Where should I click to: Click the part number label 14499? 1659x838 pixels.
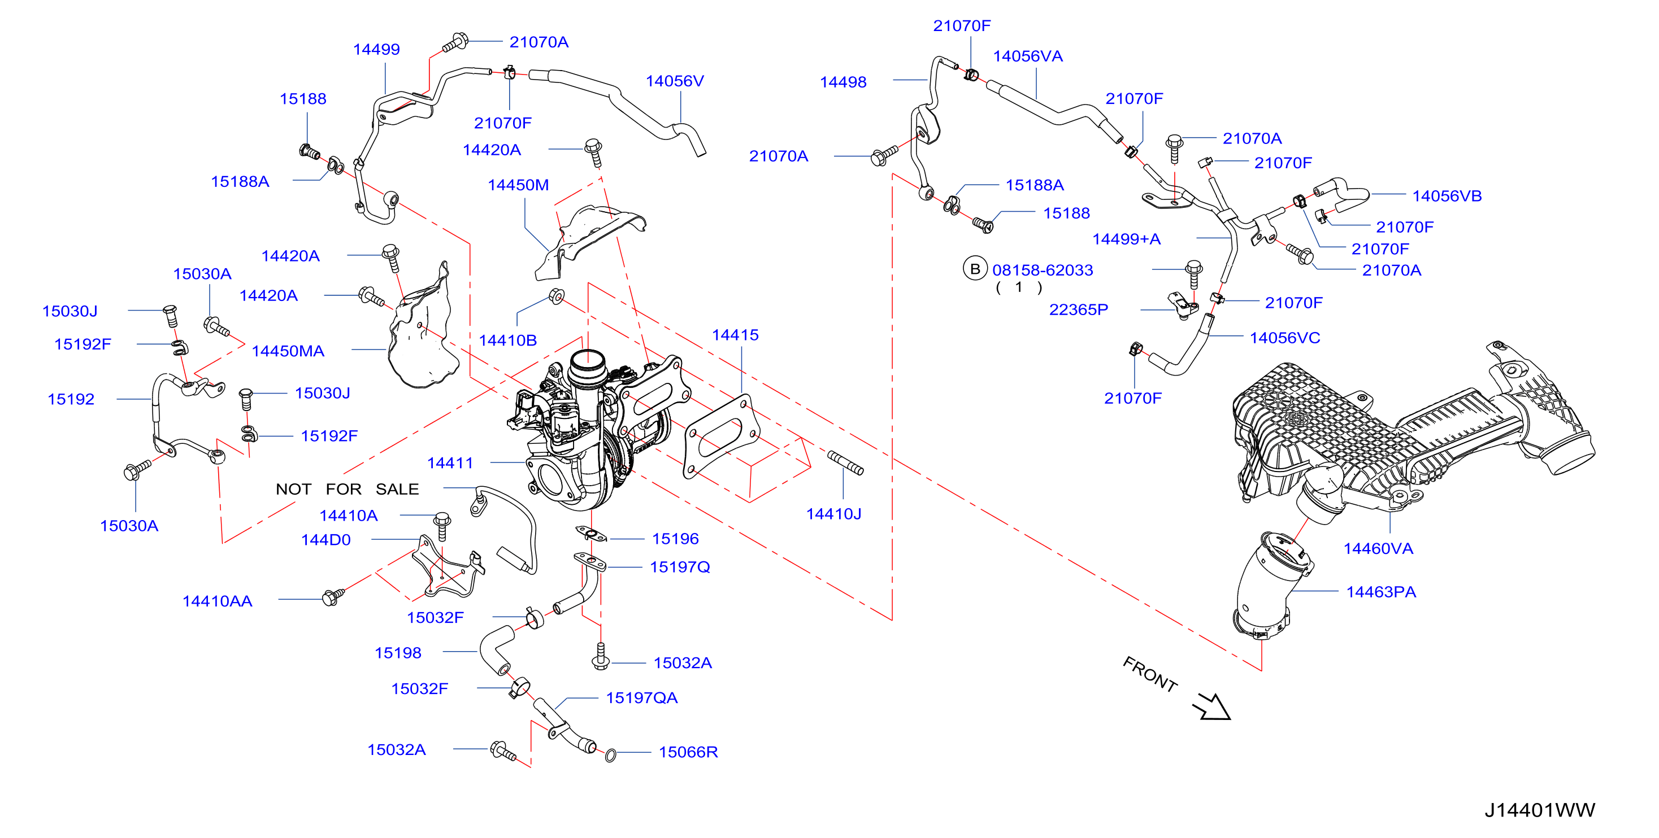376,50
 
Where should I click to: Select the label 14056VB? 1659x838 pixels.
1447,197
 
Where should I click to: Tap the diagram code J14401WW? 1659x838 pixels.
1540,810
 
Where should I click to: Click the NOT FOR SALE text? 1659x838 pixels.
347,489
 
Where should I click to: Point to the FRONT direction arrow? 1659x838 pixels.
1211,706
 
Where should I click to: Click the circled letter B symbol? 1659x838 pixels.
975,268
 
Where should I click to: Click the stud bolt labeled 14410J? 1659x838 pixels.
845,463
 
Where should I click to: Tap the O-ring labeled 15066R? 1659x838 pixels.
610,755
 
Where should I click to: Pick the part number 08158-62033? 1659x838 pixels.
1042,270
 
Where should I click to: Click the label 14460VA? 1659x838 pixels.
1378,549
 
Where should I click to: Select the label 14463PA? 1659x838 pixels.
1381,592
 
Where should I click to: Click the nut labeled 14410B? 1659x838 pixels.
557,296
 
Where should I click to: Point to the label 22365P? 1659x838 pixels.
1078,310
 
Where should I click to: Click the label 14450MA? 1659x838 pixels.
288,351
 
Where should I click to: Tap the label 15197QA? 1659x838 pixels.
641,699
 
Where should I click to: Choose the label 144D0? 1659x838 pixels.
326,540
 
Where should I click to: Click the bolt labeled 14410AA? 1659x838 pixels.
333,597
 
